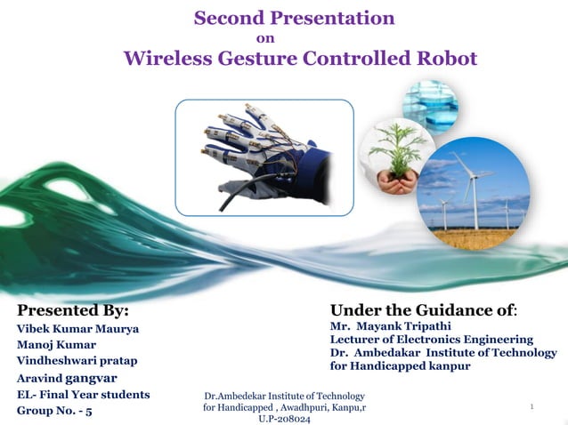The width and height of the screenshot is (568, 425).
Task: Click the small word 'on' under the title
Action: point(264,37)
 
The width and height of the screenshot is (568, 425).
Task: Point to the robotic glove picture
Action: point(264,157)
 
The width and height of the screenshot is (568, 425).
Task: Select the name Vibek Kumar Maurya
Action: point(78,329)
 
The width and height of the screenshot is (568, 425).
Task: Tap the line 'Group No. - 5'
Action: point(53,412)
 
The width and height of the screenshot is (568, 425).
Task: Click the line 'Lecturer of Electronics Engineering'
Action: point(432,340)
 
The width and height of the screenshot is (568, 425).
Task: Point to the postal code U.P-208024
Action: point(284,418)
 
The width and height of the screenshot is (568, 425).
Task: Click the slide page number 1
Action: point(531,407)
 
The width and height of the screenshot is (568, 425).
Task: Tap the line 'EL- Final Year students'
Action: point(83,395)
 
